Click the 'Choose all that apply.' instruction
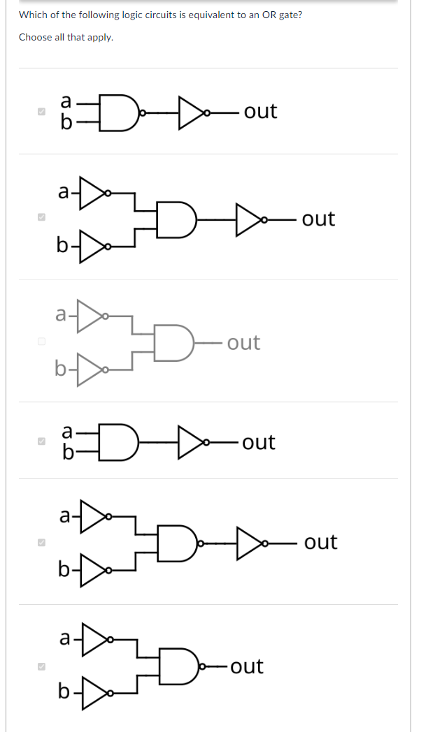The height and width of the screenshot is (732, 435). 66,37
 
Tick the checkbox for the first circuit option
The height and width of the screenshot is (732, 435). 41,112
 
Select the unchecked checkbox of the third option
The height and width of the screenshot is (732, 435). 41,342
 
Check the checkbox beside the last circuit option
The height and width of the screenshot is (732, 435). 41,667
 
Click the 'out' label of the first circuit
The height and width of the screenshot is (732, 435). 260,111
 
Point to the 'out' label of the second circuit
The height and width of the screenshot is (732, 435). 318,219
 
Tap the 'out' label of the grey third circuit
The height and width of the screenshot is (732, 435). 243,342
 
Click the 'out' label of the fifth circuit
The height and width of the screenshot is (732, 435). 320,542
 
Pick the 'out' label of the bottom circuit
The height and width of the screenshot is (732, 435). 247,666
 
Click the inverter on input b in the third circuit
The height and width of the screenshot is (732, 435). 90,371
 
